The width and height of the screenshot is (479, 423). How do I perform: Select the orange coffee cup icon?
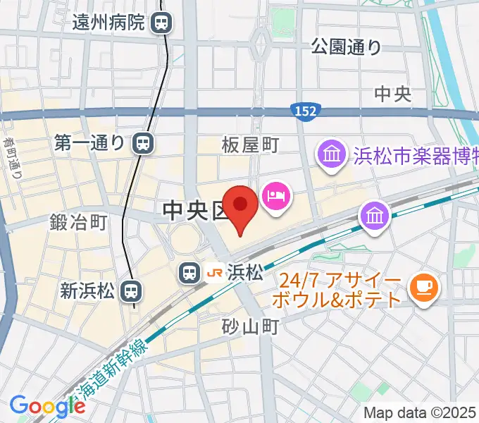pos(425,287)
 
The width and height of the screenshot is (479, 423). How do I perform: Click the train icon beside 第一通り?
pos(142,143)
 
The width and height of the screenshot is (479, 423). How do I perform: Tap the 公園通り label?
pos(346,47)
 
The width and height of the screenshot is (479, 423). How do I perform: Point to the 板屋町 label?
pos(250,145)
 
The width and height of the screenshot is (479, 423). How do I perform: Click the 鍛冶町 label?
pos(78,223)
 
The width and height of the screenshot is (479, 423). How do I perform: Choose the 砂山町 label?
pos(251,326)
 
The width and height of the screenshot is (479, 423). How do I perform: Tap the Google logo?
pos(47,406)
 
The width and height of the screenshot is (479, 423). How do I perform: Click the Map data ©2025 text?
pos(420,412)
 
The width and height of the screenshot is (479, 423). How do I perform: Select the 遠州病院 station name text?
pos(108,23)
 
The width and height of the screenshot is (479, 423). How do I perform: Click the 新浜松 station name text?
pos(88,290)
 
